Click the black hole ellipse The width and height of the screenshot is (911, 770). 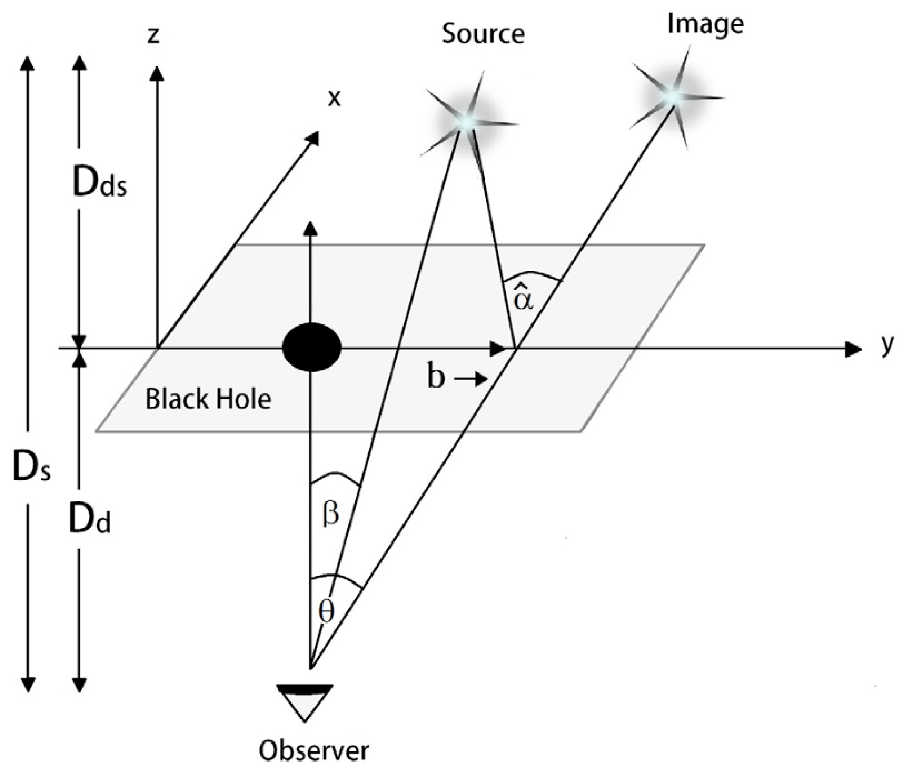pyautogui.click(x=311, y=347)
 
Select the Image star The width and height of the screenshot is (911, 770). pyautogui.click(x=673, y=95)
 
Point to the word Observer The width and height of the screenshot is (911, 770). pyautogui.click(x=314, y=750)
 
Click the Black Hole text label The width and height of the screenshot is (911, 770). pyautogui.click(x=208, y=399)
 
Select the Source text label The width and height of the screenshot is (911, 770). pyautogui.click(x=483, y=34)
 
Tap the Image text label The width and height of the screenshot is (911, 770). pyautogui.click(x=705, y=24)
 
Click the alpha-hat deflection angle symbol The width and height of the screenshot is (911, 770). pyautogui.click(x=523, y=298)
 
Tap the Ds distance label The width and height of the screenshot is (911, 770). pyautogui.click(x=31, y=467)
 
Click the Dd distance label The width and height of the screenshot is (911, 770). pyautogui.click(x=89, y=520)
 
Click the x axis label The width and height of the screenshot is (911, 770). pyautogui.click(x=335, y=99)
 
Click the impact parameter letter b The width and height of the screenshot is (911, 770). pyautogui.click(x=435, y=378)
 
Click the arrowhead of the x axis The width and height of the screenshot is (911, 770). pyautogui.click(x=312, y=137)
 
